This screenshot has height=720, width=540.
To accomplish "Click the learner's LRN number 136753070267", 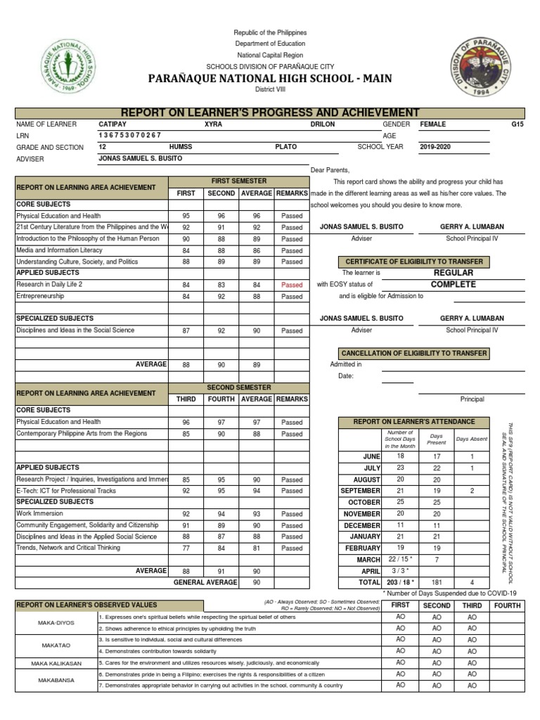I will tap(130, 135).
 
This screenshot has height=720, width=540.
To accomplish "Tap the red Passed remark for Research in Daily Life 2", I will tap(292, 285).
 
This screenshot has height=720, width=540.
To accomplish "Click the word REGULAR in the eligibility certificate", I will tap(454, 272).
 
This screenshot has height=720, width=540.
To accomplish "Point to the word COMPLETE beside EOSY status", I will tap(454, 285).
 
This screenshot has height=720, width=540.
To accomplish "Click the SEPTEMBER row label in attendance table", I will tap(360, 491).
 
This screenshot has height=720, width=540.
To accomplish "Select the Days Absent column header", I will tap(471, 439).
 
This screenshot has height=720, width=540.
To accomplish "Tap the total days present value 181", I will tap(437, 582).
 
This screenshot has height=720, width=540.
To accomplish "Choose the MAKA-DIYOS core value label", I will tap(56, 622).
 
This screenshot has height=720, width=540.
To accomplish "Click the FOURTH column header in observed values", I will tap(507, 605).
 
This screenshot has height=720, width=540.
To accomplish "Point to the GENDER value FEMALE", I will tap(432, 124).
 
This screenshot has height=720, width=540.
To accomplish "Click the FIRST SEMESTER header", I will tap(239, 181).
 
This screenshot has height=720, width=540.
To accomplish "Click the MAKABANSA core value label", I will tap(56, 679).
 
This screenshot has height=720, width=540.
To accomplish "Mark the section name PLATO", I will tap(285, 147).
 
